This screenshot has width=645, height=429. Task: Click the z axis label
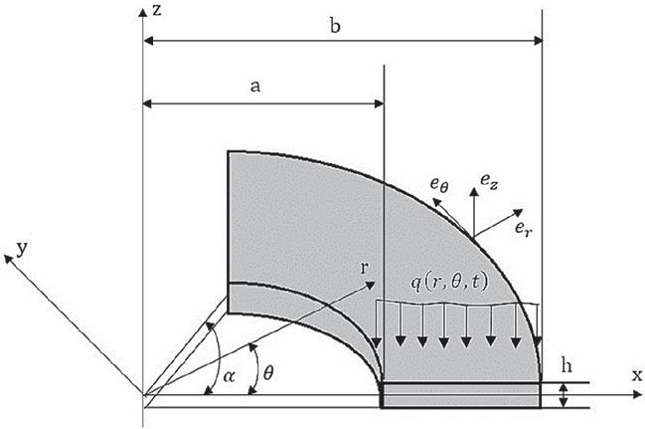[157, 10]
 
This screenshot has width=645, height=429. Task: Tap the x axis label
[637, 375]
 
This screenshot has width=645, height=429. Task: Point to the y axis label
[22, 249]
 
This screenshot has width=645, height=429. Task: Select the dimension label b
[335, 26]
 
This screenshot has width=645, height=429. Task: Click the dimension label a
[255, 87]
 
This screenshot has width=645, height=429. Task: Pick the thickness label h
[566, 365]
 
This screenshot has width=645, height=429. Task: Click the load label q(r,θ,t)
[449, 283]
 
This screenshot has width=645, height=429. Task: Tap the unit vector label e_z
[489, 182]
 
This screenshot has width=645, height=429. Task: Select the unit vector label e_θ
[439, 184]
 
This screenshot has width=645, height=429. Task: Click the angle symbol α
[229, 376]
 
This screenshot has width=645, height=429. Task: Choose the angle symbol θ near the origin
[268, 373]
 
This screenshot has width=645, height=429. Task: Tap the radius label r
[364, 269]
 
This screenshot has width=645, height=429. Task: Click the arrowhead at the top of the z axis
[143, 12]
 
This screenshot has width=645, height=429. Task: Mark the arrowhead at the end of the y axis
[8, 259]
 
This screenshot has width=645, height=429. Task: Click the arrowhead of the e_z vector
[474, 192]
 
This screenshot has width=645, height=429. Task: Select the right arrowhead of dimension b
[538, 41]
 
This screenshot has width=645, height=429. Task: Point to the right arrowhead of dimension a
[379, 104]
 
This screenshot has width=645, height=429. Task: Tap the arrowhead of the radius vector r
[371, 285]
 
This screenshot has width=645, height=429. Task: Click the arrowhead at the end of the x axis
[637, 395]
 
